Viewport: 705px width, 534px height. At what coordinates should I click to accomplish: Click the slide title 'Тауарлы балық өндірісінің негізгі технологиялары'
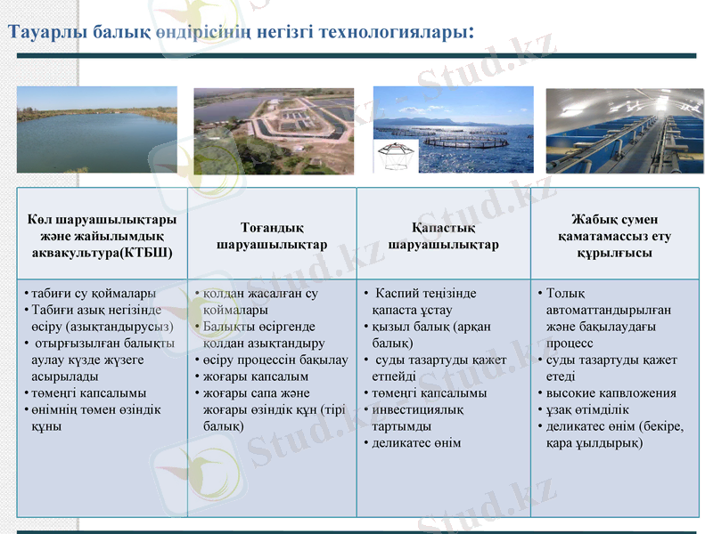click(239, 32)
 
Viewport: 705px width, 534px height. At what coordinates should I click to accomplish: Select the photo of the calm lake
click(96, 129)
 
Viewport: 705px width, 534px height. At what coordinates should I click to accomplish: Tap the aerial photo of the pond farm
click(273, 130)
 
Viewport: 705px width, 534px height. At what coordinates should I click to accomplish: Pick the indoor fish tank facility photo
click(622, 130)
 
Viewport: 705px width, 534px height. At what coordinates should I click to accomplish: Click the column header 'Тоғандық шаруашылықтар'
click(272, 236)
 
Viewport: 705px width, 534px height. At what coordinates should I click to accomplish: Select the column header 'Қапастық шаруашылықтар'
click(443, 236)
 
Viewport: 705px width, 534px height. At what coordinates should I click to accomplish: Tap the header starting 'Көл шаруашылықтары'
click(101, 235)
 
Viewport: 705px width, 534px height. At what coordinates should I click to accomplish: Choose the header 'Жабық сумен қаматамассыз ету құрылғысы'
click(614, 236)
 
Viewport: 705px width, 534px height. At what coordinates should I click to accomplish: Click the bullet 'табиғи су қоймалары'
click(93, 293)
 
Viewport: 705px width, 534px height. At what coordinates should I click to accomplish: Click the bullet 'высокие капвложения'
click(611, 392)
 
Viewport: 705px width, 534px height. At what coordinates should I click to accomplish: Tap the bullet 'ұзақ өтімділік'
click(588, 409)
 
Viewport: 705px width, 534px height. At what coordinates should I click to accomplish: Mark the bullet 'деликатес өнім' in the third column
click(416, 442)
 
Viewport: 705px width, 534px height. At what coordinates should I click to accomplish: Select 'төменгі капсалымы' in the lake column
click(89, 392)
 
